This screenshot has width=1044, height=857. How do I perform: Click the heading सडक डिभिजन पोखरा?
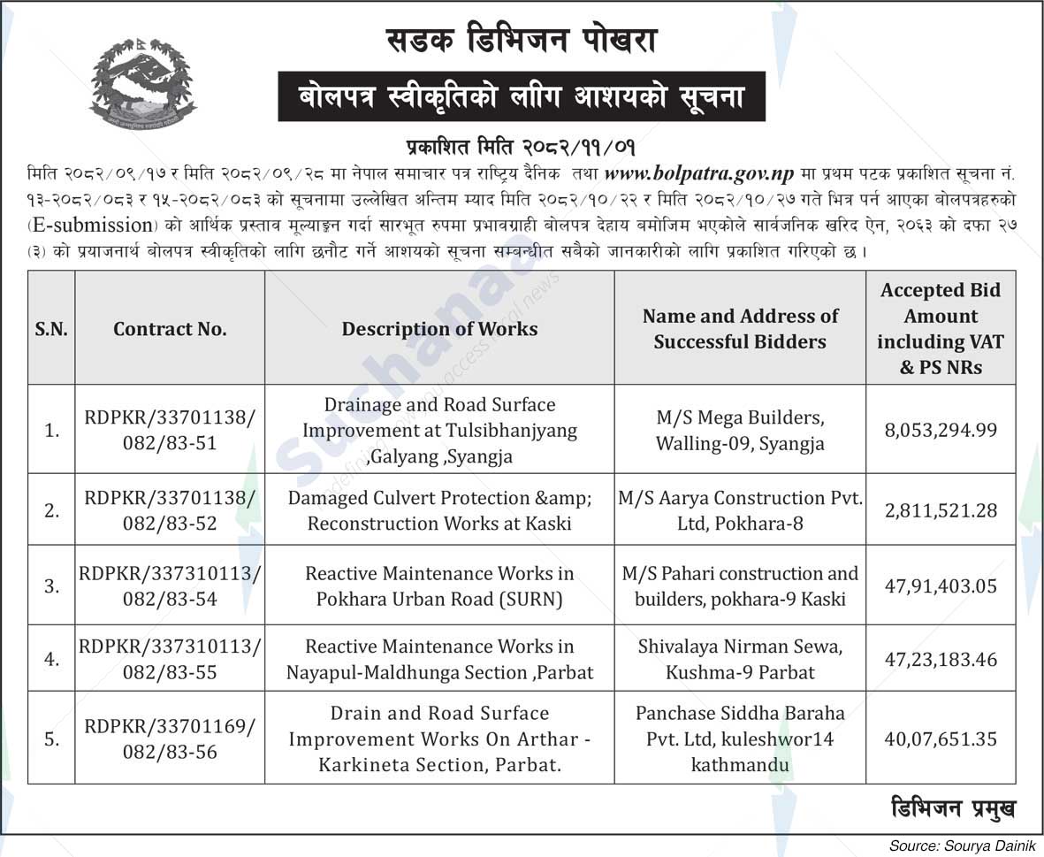pos(522,41)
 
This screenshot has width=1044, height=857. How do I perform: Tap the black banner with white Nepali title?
pos(522,96)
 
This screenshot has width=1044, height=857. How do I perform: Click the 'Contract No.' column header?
pos(170,329)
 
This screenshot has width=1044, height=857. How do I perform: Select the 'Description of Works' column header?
pos(439,329)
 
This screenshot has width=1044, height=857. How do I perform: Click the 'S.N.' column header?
pos(51,329)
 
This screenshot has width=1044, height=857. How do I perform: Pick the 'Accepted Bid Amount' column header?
pos(940,329)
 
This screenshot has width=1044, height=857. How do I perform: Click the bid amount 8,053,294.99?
pos(940,430)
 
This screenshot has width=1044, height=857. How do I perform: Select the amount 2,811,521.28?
pos(940,510)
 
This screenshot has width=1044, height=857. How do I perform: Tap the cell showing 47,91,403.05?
pos(940,585)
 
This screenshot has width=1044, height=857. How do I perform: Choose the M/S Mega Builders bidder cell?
pos(740,430)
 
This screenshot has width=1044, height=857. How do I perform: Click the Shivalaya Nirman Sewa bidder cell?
pos(740,660)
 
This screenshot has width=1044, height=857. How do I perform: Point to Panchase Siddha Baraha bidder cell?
pos(740,738)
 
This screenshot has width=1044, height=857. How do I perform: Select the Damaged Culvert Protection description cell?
pos(439,510)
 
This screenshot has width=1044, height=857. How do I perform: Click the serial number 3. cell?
pos(51,585)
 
